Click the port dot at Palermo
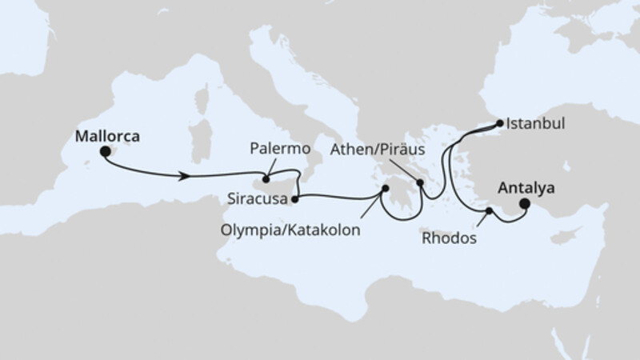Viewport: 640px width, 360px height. point(267,170)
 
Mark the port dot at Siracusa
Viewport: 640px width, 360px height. point(295,198)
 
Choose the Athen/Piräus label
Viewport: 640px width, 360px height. point(377,150)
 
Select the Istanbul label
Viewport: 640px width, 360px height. point(535,125)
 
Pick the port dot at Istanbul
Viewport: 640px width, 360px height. point(500,124)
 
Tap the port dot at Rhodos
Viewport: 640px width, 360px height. point(489,210)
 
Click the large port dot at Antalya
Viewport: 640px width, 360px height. point(525,204)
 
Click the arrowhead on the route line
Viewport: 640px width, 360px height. point(186,174)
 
